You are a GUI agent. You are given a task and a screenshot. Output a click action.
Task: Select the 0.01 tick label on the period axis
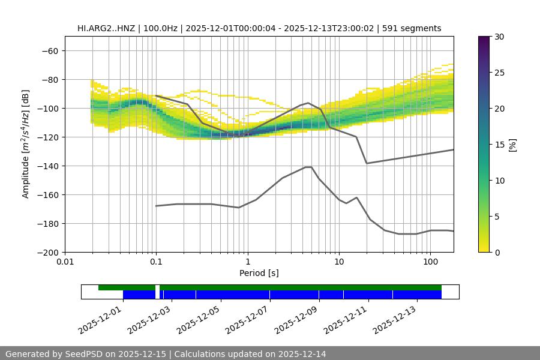(65, 262)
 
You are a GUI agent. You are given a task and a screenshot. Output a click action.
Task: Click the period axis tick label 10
(338, 262)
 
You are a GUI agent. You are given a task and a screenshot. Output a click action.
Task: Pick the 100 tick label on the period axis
(430, 262)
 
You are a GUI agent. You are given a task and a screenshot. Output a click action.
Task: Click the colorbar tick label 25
(499, 73)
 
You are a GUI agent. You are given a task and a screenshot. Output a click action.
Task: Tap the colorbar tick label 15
(499, 145)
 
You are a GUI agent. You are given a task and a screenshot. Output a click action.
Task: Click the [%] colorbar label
(512, 145)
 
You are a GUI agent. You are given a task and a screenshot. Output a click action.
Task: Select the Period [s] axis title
(259, 273)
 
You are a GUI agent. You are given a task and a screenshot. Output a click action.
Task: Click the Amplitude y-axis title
(26, 144)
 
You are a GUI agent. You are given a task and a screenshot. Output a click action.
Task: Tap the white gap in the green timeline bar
(157, 288)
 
